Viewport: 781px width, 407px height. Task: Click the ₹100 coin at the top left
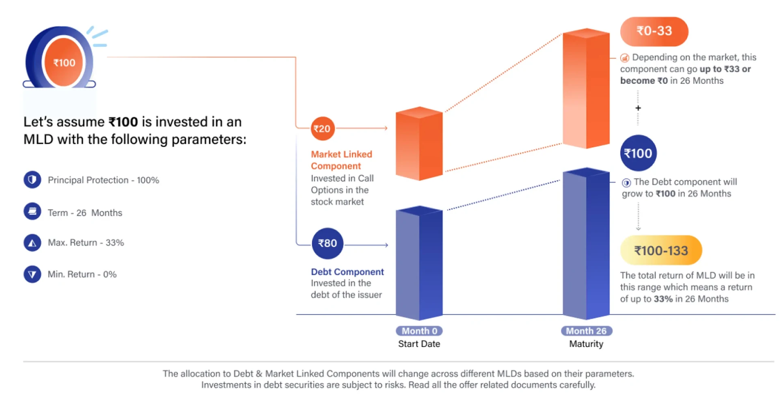pyautogui.click(x=63, y=62)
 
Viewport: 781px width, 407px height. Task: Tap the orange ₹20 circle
pyautogui.click(x=322, y=129)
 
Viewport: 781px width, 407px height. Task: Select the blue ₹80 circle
pyautogui.click(x=328, y=243)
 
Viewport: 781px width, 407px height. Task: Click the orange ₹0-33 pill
pyautogui.click(x=654, y=31)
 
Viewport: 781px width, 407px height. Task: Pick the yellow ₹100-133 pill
pyautogui.click(x=661, y=251)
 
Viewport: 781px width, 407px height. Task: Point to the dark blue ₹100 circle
pyautogui.click(x=638, y=153)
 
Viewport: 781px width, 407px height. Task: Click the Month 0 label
pyautogui.click(x=419, y=331)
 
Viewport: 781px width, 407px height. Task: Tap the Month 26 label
pyautogui.click(x=586, y=331)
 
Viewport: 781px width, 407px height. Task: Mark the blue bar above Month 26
pyautogui.click(x=586, y=243)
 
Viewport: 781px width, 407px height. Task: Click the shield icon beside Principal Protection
pyautogui.click(x=32, y=180)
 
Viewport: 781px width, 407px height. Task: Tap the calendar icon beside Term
pyautogui.click(x=32, y=212)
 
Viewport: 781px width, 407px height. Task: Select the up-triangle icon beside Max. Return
pyautogui.click(x=32, y=243)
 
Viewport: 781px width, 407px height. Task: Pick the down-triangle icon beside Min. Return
pyautogui.click(x=32, y=274)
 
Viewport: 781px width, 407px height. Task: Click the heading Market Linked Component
pyautogui.click(x=341, y=160)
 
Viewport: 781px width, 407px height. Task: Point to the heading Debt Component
pyautogui.click(x=347, y=272)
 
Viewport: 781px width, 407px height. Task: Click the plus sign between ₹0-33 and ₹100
pyautogui.click(x=638, y=108)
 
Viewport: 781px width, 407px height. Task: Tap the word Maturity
pyautogui.click(x=586, y=344)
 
